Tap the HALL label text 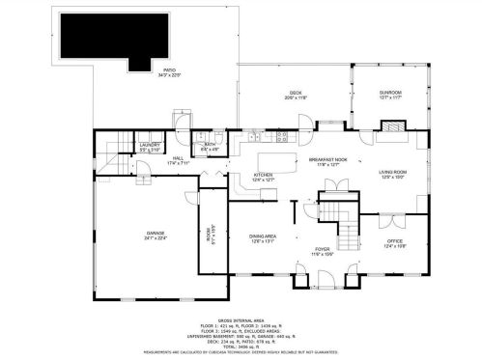pos(179,160)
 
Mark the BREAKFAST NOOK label pos(327,161)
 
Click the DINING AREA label pos(264,237)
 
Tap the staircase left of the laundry pos(115,146)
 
